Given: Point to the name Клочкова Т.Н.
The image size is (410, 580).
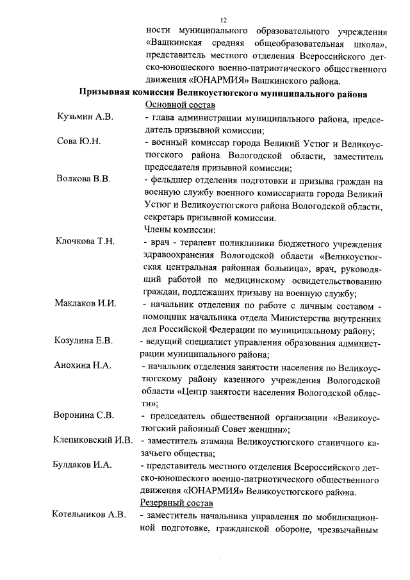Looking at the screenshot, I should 85,241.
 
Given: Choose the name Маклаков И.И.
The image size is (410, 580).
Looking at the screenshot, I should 85,303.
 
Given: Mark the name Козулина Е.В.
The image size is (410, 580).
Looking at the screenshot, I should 84,340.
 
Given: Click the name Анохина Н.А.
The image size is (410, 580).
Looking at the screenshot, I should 83,365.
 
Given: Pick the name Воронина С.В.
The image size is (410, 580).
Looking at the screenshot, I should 85,415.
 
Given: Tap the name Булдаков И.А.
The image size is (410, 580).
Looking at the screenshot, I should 83,465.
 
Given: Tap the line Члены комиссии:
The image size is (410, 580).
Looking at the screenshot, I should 179,229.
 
